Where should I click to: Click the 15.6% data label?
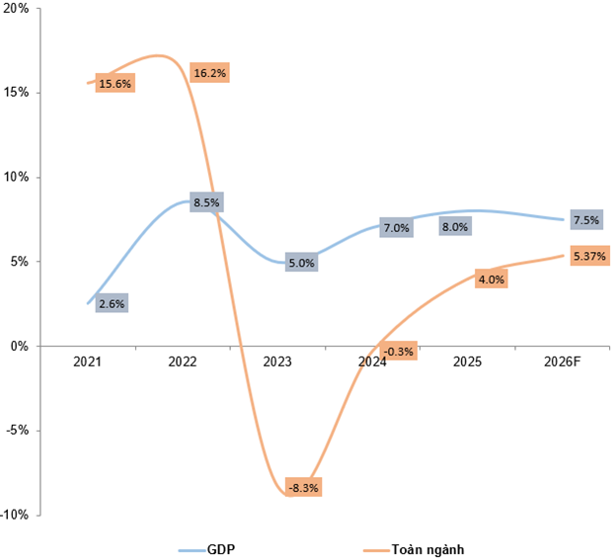(115, 84)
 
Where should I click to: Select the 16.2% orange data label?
(208, 73)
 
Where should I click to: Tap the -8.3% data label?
(303, 488)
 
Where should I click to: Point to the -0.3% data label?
(398, 351)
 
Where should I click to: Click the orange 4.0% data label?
(491, 280)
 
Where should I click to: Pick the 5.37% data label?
(588, 256)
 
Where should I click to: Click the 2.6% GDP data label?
(112, 304)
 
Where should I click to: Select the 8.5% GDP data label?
(207, 202)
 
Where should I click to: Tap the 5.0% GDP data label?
(301, 263)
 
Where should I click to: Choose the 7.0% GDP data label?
(396, 228)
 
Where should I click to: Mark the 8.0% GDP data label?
(455, 226)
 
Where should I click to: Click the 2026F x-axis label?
(563, 362)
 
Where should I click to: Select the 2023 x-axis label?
(277, 362)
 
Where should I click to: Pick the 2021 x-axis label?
(88, 362)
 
